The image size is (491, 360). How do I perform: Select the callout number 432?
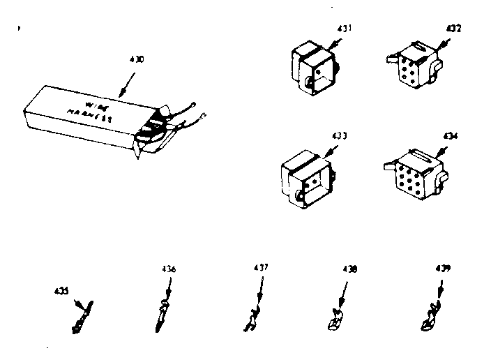point(454,29)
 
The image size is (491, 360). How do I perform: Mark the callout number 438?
point(349,269)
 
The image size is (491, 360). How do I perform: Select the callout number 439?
point(441,268)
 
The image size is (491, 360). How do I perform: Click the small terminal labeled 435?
point(82,317)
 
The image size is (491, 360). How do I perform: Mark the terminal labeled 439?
point(429,317)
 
